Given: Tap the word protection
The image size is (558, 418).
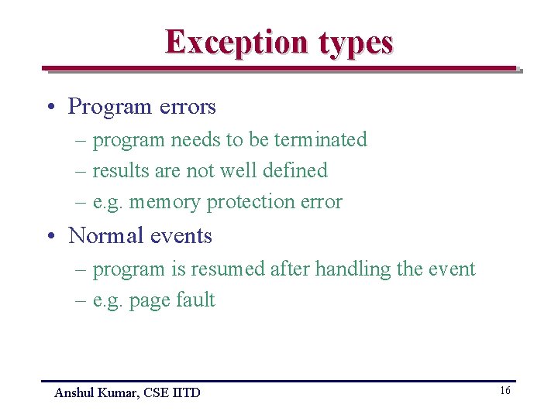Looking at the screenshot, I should [245, 202].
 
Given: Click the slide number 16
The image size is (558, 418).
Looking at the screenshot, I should [505, 391].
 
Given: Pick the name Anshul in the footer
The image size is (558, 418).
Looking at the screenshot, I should [73, 393].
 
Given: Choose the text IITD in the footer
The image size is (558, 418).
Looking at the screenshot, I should [186, 393].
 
